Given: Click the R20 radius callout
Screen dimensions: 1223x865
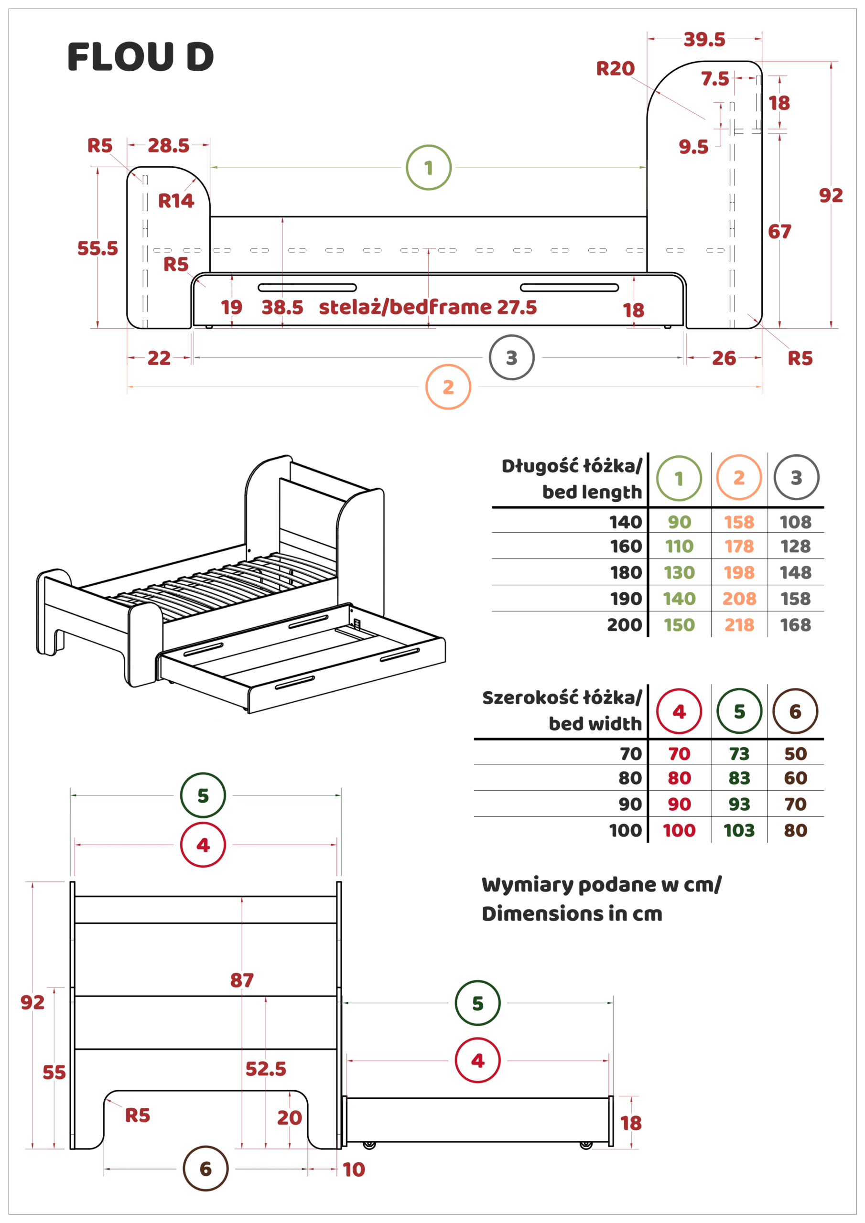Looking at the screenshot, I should [616, 69].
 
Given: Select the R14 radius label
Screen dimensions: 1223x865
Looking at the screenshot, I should [176, 201].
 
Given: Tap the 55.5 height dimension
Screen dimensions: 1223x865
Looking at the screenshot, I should [97, 249].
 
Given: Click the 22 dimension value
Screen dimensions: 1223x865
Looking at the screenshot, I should [159, 358].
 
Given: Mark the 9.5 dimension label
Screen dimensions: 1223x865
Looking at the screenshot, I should [694, 147].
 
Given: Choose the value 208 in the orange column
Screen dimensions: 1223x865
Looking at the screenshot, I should [740, 599].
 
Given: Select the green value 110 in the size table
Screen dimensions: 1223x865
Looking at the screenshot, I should [680, 547].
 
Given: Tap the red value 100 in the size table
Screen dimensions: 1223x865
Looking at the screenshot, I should [679, 830].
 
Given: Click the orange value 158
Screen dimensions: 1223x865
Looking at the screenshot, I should [740, 523].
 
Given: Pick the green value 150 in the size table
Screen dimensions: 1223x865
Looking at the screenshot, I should [680, 625].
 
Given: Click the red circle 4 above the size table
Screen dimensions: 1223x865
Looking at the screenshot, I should [679, 712].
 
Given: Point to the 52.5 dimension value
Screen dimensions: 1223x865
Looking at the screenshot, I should [266, 1069].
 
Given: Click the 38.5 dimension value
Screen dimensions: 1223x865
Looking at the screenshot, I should [282, 307].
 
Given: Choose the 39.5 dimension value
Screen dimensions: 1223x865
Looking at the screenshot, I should [704, 41].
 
